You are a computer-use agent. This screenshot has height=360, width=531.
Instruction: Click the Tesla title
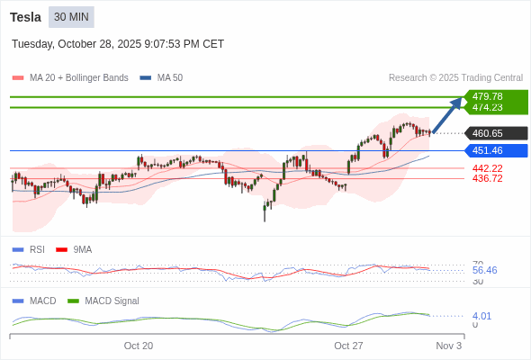[25, 17]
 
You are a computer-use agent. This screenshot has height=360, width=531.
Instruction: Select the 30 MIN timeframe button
[71, 17]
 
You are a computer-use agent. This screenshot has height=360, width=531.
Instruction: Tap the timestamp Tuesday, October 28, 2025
[118, 44]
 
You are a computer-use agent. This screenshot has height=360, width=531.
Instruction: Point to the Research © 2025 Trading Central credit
[455, 78]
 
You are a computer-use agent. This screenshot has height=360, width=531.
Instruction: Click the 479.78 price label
[488, 96]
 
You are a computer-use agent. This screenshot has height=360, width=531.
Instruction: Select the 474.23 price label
[488, 107]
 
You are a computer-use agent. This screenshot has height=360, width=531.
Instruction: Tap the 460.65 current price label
[488, 133]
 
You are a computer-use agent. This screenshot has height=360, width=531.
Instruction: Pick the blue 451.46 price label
[488, 150]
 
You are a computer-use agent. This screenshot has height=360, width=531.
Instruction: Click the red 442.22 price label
[488, 168]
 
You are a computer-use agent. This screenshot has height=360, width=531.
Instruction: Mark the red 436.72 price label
[488, 178]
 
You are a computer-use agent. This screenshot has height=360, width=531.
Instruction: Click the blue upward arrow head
[457, 103]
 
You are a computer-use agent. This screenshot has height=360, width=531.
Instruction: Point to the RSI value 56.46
[484, 270]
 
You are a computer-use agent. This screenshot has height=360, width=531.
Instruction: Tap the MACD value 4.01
[481, 316]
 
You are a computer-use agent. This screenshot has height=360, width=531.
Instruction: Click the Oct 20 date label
[139, 346]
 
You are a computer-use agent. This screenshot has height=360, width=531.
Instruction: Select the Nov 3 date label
[448, 346]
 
